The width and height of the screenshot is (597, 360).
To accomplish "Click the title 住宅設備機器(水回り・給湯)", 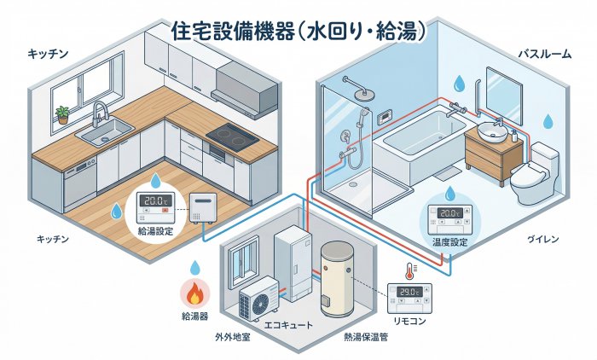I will (x=298, y=32).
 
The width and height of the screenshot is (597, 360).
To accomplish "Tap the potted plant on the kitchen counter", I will (x=61, y=113).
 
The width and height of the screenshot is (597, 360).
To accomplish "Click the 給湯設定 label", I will (x=155, y=230).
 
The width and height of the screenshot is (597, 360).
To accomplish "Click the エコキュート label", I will (x=291, y=325).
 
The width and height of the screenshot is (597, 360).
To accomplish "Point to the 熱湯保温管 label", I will (x=365, y=337).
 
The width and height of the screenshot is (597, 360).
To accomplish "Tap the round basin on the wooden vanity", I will (x=492, y=132).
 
